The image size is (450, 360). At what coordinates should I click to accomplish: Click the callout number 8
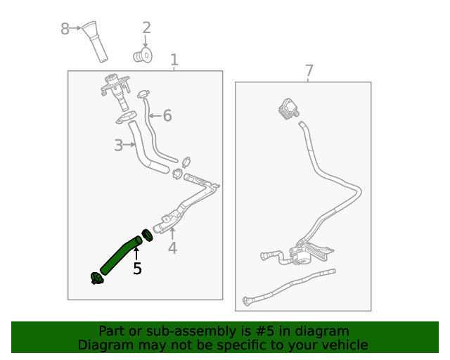tap(65, 29)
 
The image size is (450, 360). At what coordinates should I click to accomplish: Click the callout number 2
tap(146, 28)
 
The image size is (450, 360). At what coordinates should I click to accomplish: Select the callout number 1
tap(174, 60)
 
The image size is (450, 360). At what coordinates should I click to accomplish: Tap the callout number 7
tap(309, 71)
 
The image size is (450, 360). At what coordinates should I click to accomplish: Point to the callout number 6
tap(167, 116)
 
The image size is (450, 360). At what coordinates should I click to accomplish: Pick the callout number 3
tap(119, 146)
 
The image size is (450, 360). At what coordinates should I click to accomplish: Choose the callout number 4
tap(172, 247)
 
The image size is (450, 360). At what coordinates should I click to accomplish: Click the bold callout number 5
tap(137, 268)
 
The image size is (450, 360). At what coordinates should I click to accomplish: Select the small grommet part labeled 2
tap(144, 54)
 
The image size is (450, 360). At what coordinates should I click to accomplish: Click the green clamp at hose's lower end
tap(96, 279)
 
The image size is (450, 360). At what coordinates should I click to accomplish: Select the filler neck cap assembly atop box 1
tap(117, 90)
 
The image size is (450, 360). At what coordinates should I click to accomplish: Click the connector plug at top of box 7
tap(288, 109)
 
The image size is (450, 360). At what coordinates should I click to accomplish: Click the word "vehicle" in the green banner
tap(343, 345)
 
